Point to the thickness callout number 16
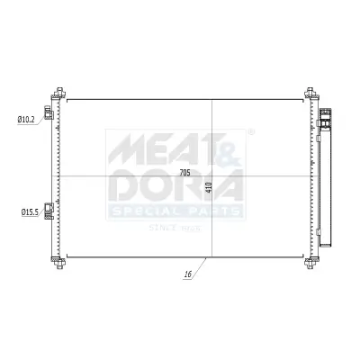pos(186,275)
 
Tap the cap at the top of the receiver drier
pos(326,114)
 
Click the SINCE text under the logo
pos(162,228)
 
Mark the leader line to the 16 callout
pos(201,266)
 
